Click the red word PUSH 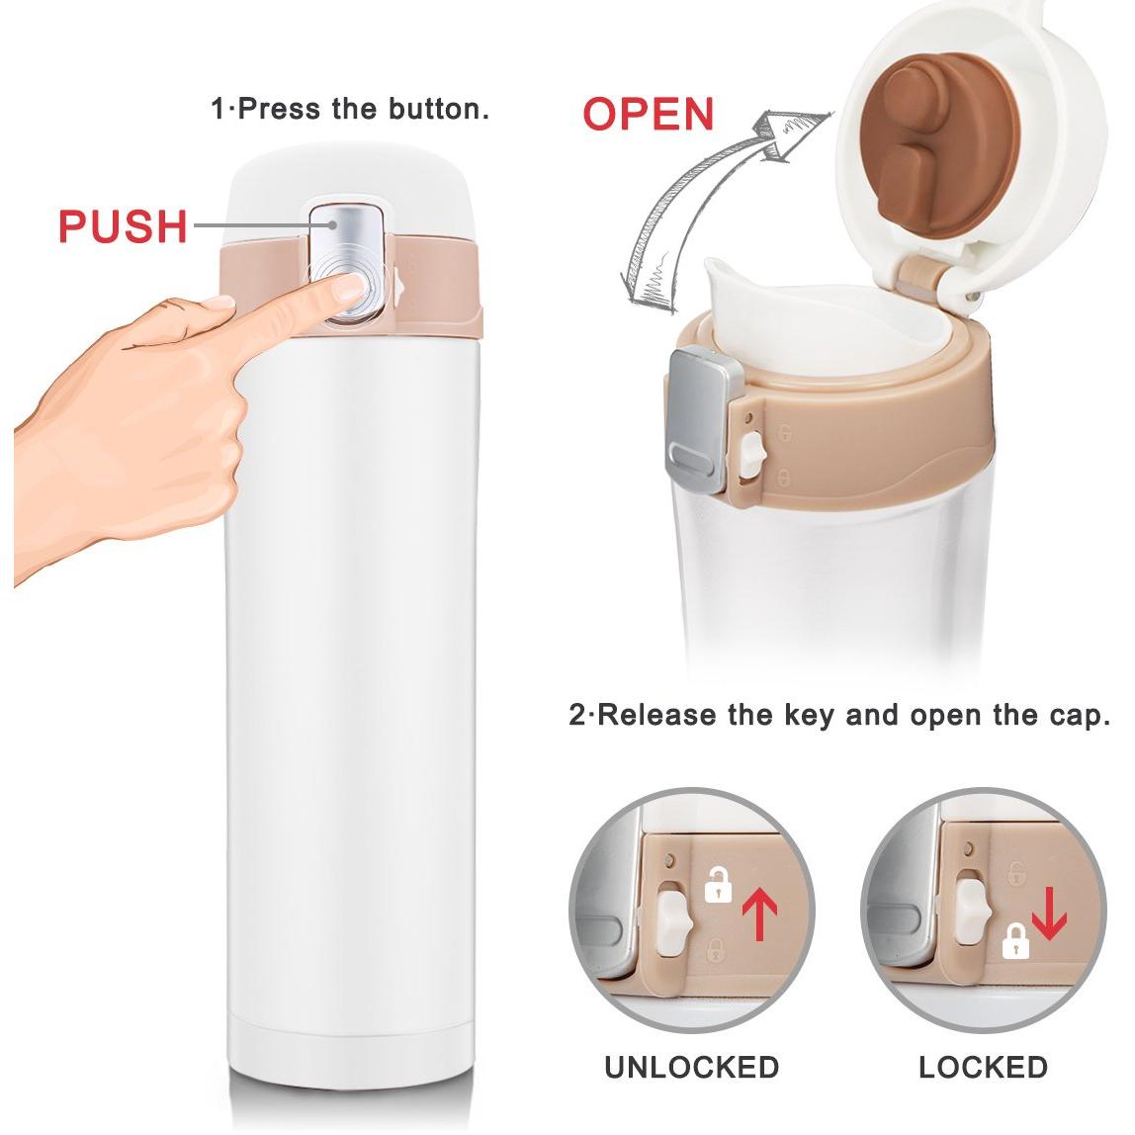pos(123,225)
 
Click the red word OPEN pos(649,115)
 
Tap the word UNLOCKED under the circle pos(691,1067)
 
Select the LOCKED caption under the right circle pos(983,1067)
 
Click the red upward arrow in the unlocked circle pos(760,915)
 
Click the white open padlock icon pos(718,884)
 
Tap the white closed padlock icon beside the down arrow pos(1014,942)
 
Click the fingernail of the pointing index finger pos(350,289)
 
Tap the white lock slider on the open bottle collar pos(752,455)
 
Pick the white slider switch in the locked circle pos(971,911)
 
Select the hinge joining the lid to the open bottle pos(920,279)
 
